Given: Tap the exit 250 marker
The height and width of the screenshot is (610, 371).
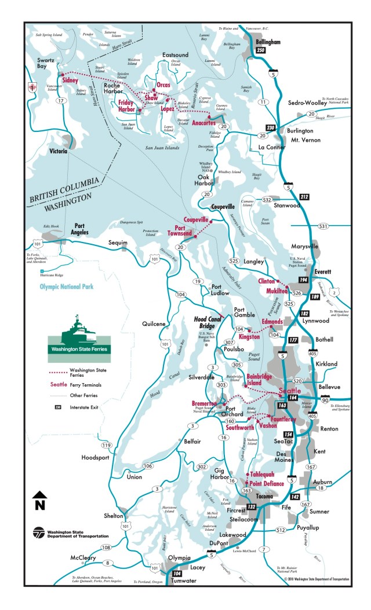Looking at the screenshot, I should (261, 50).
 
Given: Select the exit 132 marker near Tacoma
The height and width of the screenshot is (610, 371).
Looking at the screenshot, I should (251, 507).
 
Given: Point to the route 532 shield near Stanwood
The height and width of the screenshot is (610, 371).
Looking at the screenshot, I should (267, 200).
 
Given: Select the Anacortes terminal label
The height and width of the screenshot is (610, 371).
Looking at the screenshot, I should (204, 123).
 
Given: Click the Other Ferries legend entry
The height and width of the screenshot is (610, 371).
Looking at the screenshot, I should (82, 395).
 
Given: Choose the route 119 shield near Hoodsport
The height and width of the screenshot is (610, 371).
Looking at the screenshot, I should (106, 445).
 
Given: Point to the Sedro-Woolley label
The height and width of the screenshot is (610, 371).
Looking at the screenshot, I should (313, 103).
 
